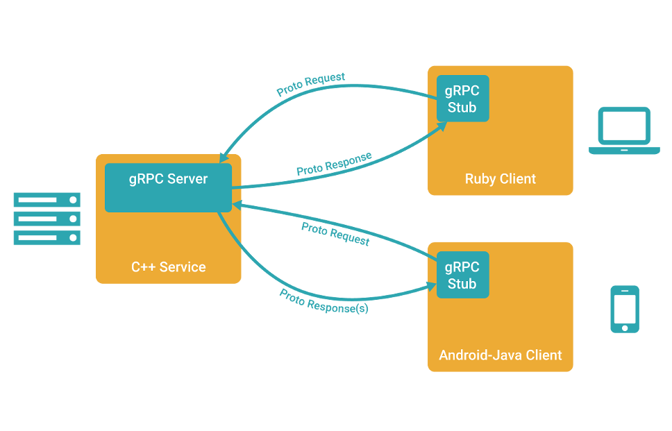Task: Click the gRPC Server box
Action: pos(168,187)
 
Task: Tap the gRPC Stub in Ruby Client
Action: pos(462,99)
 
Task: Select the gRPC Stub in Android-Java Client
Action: pos(462,275)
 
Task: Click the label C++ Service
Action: pos(169,267)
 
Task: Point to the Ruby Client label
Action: pos(501,179)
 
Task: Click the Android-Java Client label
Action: pos(501,355)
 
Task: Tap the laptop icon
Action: pos(624,130)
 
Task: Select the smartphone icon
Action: pos(624,309)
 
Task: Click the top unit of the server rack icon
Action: pos(47,200)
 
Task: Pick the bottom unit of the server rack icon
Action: pos(47,238)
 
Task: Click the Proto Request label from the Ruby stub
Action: pos(310,85)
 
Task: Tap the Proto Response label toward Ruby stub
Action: pos(333,164)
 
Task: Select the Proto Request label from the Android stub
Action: pos(335,234)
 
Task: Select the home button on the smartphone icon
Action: pos(624,326)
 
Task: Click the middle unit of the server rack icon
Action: pos(47,219)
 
